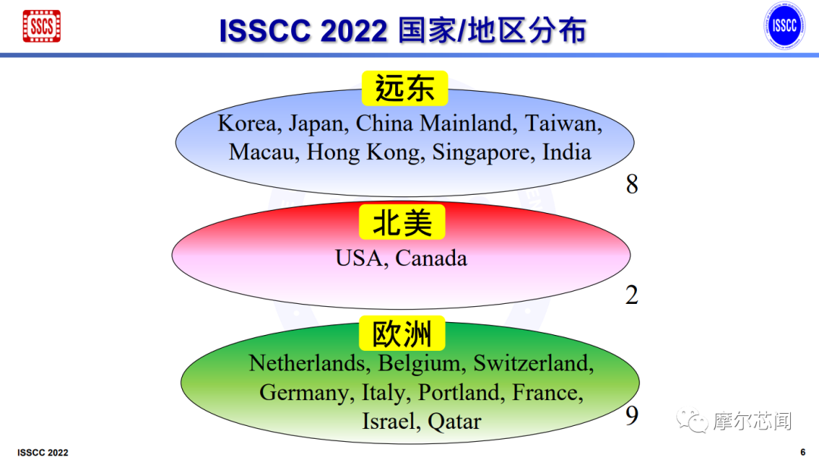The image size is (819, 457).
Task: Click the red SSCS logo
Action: point(42,26)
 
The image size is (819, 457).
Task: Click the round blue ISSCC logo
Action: point(783,26)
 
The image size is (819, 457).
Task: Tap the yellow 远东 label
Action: point(405,89)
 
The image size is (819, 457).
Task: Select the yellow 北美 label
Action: point(402,223)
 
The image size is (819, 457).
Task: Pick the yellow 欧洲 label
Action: point(402,334)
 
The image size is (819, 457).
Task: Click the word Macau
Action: point(265,152)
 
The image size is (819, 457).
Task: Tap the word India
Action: point(566,152)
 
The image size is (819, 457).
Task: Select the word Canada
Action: point(431,258)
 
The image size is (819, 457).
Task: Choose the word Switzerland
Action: point(533,364)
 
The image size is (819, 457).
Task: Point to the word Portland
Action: point(462,393)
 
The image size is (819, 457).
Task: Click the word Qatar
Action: point(454,421)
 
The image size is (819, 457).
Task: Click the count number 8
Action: point(632,184)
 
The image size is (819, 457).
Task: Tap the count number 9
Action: point(632,416)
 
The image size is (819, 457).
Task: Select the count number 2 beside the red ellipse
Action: point(632,296)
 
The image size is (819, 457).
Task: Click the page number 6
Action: point(802,452)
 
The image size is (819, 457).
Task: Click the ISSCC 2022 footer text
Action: point(42,452)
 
